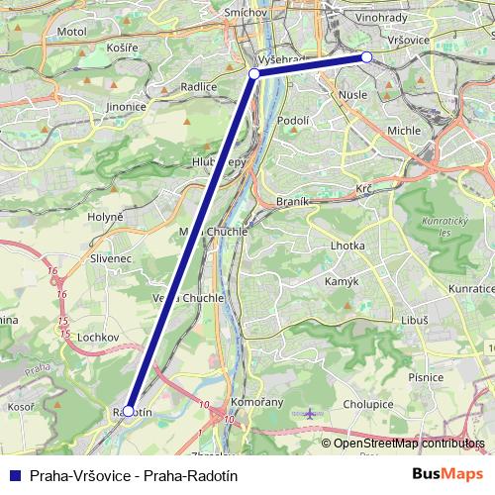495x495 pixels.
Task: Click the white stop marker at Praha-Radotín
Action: point(128,410)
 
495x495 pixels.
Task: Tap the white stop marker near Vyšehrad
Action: point(254,73)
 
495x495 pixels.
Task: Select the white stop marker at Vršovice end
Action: point(366,57)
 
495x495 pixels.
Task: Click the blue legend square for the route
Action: point(14,475)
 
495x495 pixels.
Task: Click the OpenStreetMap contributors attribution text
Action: point(408,444)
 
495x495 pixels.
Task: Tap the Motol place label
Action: point(73,32)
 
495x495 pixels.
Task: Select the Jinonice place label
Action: point(127,106)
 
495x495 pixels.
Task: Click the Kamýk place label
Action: point(342,282)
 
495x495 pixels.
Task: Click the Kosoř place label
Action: point(23,407)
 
